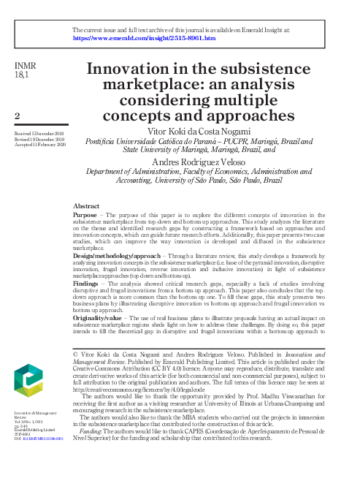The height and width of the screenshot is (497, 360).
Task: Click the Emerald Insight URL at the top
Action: click(x=144, y=38)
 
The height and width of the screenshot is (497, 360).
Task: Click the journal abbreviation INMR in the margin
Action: click(x=26, y=67)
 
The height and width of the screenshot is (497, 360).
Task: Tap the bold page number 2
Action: click(x=17, y=115)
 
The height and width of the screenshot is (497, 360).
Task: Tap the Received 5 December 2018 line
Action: click(x=41, y=134)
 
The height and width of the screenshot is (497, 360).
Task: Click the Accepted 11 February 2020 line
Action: click(x=41, y=145)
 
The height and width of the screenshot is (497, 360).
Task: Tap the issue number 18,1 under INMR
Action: click(x=23, y=76)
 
